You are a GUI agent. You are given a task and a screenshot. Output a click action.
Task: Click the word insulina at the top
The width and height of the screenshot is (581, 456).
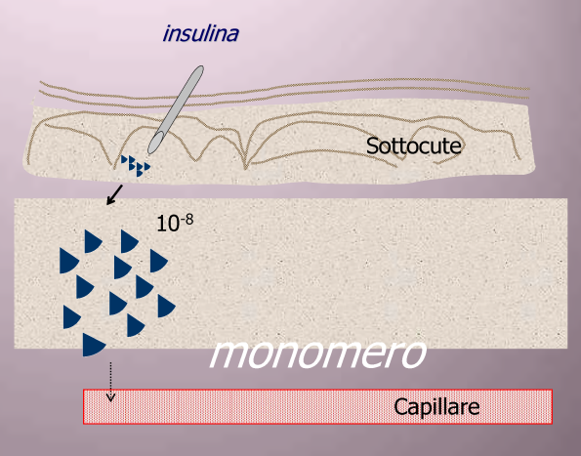point(201,33)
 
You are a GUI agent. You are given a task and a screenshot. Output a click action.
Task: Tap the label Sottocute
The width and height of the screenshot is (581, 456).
point(413,145)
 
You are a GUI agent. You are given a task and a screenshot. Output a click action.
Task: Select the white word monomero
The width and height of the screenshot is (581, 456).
point(318,353)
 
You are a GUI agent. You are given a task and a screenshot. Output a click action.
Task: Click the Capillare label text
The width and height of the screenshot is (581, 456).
point(436,407)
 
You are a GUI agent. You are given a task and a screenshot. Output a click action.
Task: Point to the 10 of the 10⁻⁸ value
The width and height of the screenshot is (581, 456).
point(168,224)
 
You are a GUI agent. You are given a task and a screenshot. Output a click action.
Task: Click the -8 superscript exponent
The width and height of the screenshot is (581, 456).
point(187,220)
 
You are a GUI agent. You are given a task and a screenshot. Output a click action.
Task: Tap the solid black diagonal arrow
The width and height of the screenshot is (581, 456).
point(114,194)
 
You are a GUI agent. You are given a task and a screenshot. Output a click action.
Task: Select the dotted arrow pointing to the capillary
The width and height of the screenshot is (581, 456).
point(110,382)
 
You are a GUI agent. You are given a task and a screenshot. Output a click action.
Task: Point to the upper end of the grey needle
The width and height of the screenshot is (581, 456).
point(199,69)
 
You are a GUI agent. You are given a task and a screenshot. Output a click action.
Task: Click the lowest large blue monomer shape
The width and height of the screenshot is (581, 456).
point(94,345)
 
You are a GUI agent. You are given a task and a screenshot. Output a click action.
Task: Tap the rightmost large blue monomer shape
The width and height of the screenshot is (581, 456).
point(166,306)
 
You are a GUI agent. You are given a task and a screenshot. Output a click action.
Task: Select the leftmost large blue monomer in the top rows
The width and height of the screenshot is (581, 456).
point(68,261)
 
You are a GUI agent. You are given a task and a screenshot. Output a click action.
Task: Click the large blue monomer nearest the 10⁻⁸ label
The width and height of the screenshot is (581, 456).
point(129,241)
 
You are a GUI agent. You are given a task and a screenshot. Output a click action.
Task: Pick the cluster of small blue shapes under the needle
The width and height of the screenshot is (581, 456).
point(136,166)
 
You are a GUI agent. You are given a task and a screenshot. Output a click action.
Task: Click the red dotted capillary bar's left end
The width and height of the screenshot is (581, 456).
point(84,406)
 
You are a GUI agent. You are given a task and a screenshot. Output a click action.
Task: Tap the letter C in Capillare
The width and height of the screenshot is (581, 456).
point(400,407)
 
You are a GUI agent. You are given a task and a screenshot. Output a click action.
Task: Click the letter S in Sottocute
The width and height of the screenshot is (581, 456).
point(372,145)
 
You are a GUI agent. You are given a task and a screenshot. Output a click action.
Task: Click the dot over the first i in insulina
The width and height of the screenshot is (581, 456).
point(170,26)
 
